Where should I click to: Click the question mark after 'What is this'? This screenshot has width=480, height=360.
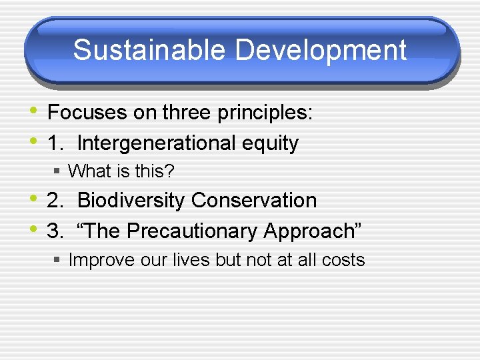pyautogui.click(x=170, y=171)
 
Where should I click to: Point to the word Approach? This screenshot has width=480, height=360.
pyautogui.click(x=311, y=231)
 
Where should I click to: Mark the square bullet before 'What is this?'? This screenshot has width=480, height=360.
pyautogui.click(x=58, y=172)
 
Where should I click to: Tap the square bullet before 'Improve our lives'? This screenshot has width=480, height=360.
pyautogui.click(x=58, y=260)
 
